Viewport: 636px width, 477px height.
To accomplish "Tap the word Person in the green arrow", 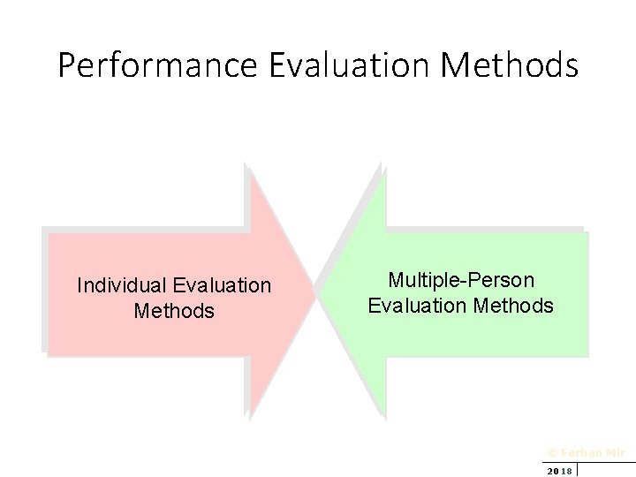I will pyautogui.click(x=504, y=281).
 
